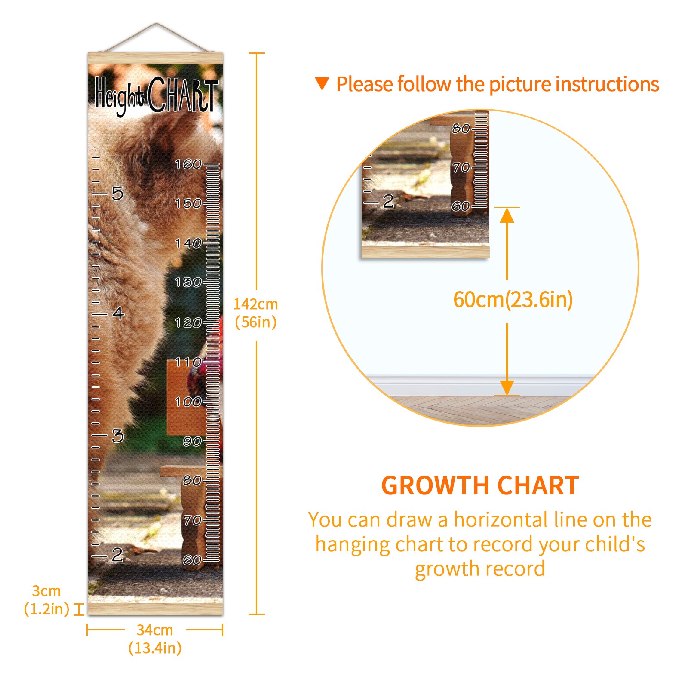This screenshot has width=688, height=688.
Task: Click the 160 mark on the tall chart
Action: (x=188, y=164)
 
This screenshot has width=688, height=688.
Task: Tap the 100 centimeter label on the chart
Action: (x=188, y=402)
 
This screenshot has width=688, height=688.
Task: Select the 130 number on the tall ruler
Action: (x=188, y=282)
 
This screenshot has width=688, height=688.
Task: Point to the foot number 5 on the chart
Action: (x=117, y=193)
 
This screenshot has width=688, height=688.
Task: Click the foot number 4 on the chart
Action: (x=118, y=313)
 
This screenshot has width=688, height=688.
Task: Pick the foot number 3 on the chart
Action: (x=117, y=436)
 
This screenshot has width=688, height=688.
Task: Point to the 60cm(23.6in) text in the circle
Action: (x=513, y=299)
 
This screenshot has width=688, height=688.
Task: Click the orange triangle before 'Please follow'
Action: (x=322, y=84)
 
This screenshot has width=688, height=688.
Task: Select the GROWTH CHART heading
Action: (x=480, y=486)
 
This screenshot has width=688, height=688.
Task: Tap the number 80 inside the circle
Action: (x=461, y=128)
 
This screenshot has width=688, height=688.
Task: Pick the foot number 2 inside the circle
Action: (x=388, y=201)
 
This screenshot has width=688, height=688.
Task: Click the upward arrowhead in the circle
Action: (x=507, y=215)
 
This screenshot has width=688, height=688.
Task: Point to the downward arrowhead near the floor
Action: (x=507, y=387)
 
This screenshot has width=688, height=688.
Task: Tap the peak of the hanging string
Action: (x=157, y=23)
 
